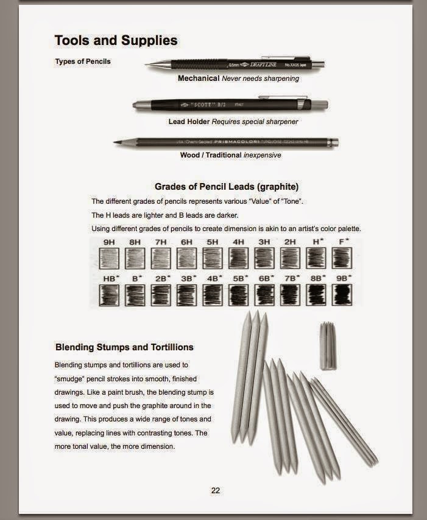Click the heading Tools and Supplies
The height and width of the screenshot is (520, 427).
pyautogui.click(x=116, y=41)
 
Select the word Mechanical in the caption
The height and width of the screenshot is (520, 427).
pyautogui.click(x=199, y=78)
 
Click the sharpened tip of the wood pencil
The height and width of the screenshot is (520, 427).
pyautogui.click(x=116, y=144)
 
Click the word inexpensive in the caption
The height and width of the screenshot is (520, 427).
pyautogui.click(x=263, y=155)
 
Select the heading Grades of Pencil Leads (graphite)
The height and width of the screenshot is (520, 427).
pyautogui.click(x=226, y=186)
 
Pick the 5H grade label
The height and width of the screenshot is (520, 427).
pyautogui.click(x=212, y=241)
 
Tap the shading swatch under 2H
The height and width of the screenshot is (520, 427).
pyautogui.click(x=290, y=258)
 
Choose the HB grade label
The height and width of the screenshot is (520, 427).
pyautogui.click(x=110, y=278)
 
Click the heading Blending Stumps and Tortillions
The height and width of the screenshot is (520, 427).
pyautogui.click(x=124, y=347)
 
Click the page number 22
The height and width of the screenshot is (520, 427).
pyautogui.click(x=216, y=491)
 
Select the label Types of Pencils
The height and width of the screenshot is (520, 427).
pyautogui.click(x=83, y=61)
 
